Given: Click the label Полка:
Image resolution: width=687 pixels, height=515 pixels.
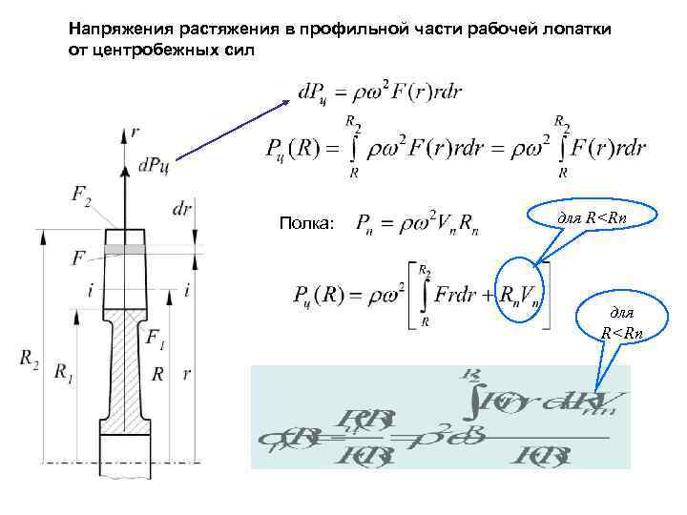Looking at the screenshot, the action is (x=306, y=224).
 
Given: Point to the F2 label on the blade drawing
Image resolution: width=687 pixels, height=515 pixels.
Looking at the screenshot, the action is (x=82, y=197).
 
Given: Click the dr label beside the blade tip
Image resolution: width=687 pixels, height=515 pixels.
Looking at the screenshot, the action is (x=184, y=208).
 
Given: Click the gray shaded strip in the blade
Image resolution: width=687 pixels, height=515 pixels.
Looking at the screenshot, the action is (x=125, y=249).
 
